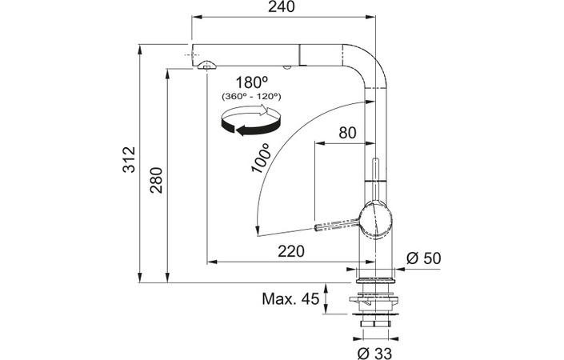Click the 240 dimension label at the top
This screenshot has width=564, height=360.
(x=282, y=6)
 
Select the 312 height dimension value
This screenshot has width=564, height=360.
(x=130, y=160)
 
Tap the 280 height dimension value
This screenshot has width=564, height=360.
(x=157, y=180)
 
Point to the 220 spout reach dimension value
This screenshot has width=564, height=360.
(x=291, y=251)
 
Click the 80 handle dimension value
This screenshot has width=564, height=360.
(x=347, y=133)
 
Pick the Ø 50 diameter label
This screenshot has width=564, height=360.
(x=423, y=258)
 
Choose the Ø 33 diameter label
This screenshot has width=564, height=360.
(x=374, y=353)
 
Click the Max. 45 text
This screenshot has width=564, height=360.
(x=290, y=298)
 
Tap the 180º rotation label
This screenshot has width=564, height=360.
(x=252, y=82)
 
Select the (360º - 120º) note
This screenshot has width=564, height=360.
(x=251, y=96)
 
